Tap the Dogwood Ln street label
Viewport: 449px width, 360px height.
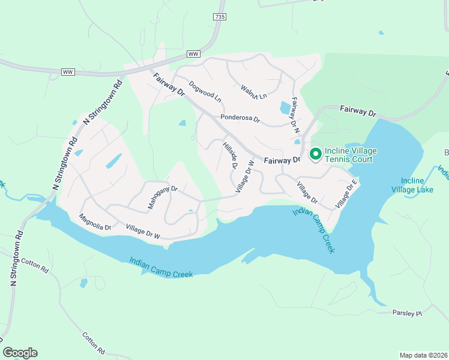205,91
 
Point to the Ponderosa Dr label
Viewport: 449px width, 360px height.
240,119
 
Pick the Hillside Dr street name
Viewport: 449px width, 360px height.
231,155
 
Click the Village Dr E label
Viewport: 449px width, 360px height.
347,193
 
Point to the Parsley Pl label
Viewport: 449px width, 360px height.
408,313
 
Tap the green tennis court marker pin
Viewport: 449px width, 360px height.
315,154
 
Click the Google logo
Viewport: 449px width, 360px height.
20,353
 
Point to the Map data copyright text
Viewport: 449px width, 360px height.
423,355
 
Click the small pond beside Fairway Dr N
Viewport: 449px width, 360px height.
285,108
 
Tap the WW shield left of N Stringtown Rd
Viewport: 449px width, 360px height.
67,72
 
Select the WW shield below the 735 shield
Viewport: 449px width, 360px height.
193,54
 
